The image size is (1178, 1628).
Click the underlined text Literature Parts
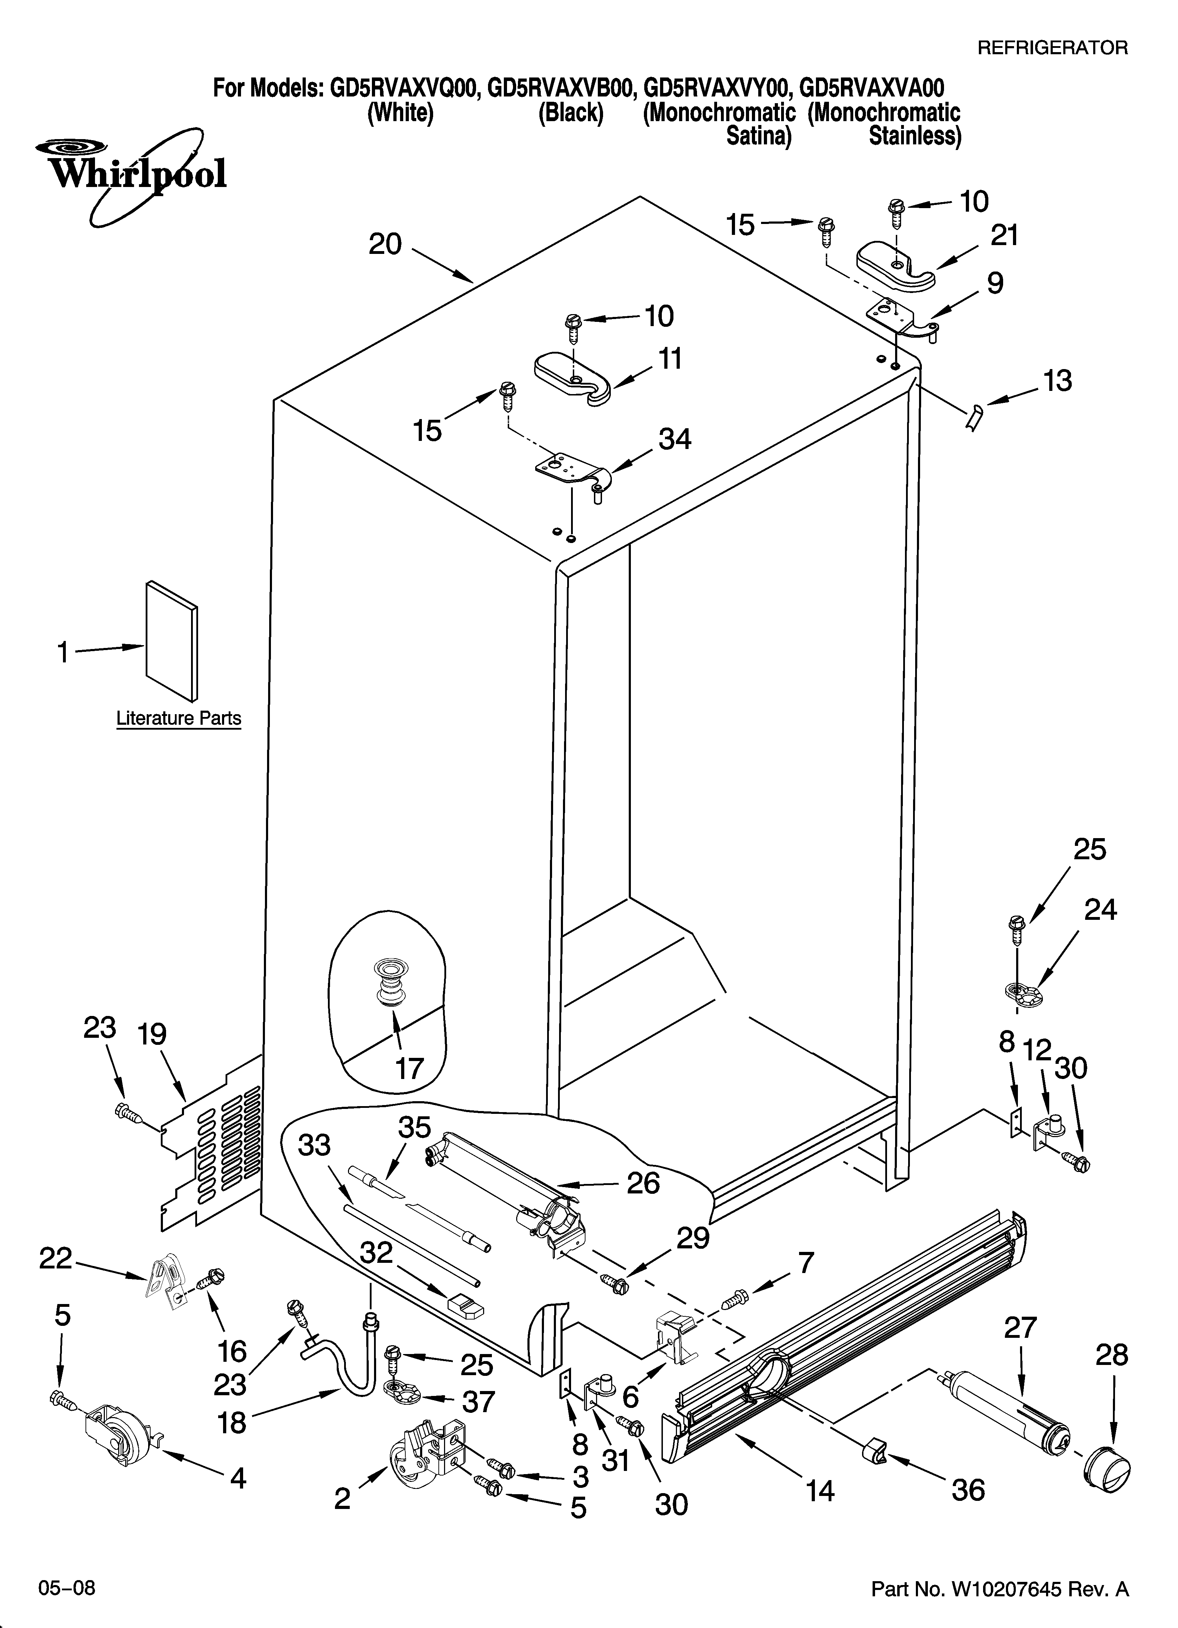coord(179,718)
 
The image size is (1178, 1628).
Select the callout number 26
coord(643,1182)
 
